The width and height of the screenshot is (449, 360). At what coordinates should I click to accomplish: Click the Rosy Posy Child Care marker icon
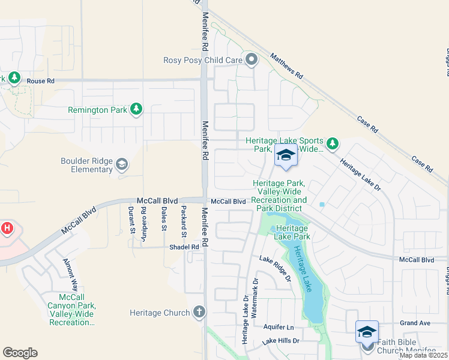252,59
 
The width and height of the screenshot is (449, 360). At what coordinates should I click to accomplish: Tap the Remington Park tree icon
137,109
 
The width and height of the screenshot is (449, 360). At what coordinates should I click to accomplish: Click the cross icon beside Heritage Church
199,312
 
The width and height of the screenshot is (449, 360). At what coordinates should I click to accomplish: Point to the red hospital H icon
7,229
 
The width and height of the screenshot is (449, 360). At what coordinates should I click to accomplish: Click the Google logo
20,353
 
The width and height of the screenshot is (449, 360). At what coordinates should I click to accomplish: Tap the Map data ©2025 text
423,355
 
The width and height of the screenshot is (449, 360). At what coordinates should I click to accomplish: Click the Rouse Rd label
41,81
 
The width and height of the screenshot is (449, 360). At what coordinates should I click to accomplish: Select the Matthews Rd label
286,67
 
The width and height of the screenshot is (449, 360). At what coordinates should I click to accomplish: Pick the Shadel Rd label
184,247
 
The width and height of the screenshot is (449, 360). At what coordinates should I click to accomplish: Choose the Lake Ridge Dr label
275,268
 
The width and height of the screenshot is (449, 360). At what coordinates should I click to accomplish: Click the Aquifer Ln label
279,327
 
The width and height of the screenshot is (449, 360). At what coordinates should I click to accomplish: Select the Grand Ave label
415,323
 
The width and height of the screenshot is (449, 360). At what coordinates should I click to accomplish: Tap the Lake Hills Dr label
281,341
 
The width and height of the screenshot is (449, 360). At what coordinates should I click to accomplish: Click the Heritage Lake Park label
293,232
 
